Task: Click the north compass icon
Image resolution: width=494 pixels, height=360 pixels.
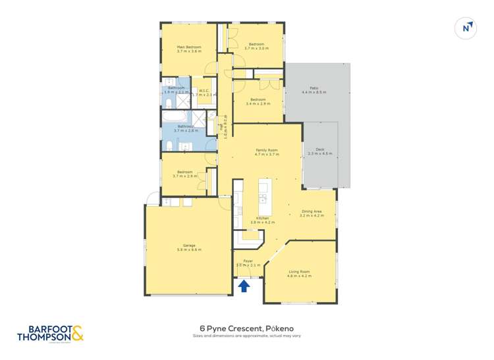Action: click(x=466, y=28)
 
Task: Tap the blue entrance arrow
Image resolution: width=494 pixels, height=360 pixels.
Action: click(x=244, y=285)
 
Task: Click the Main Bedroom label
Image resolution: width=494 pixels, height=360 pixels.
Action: click(x=189, y=49)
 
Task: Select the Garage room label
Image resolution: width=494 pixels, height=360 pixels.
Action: click(x=189, y=247)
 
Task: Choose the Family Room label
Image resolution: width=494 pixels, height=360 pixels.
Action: click(x=267, y=152)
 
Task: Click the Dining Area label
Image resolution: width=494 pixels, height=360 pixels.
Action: click(x=312, y=213)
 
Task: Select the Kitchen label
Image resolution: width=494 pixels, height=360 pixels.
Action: click(x=262, y=220)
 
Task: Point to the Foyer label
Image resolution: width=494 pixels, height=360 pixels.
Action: click(x=248, y=263)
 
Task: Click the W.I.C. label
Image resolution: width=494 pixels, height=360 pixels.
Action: click(x=204, y=93)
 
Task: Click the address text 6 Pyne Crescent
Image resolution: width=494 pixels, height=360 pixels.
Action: click(x=246, y=327)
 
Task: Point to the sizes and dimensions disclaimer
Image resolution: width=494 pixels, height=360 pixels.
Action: click(x=246, y=336)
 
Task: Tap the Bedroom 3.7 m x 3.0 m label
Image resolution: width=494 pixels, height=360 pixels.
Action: click(x=257, y=46)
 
